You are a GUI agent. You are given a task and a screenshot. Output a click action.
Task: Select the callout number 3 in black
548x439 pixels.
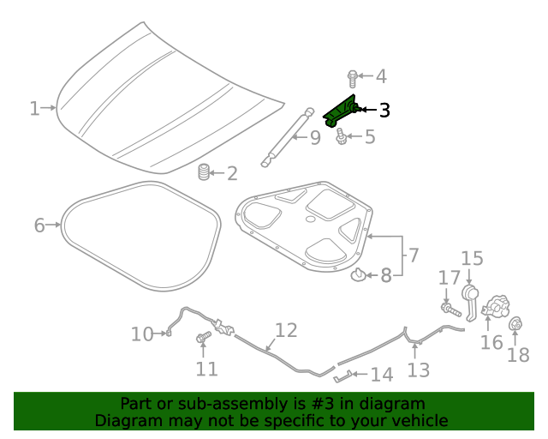(x=384, y=111)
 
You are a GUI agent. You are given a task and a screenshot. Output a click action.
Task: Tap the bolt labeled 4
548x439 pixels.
(x=352, y=77)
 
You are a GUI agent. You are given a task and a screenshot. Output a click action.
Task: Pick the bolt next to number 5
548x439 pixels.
(x=342, y=135)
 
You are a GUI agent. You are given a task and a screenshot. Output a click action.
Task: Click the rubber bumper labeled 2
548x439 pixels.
(x=204, y=171)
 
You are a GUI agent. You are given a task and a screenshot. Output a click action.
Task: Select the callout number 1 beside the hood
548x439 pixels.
(x=34, y=108)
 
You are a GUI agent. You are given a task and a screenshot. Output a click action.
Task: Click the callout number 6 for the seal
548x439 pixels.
(x=39, y=226)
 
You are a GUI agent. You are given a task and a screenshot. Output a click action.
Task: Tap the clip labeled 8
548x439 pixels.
(x=358, y=275)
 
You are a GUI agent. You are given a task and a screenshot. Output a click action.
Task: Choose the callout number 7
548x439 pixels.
(x=413, y=255)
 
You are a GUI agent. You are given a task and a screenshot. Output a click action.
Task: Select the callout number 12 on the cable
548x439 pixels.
(x=286, y=330)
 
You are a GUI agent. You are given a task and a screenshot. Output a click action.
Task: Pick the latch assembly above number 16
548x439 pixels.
(x=496, y=308)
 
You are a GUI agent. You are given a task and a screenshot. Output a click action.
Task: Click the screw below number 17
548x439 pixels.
(x=448, y=307)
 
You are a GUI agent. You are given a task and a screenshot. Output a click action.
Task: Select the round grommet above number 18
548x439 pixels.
(x=516, y=325)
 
